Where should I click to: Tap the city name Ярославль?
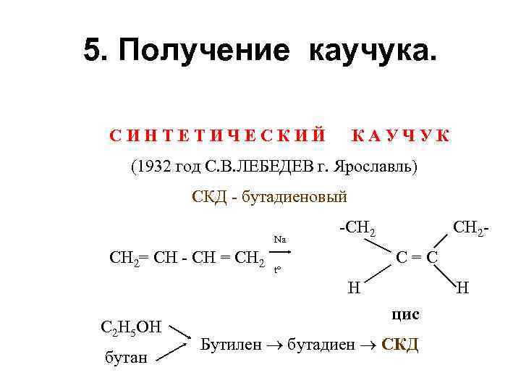tap(377, 167)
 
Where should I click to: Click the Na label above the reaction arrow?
tap(279, 239)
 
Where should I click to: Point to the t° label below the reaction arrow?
tap(276, 271)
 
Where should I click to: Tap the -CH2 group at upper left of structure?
tap(357, 229)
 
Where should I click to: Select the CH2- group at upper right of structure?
tap(472, 229)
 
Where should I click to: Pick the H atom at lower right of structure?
tap(462, 287)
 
